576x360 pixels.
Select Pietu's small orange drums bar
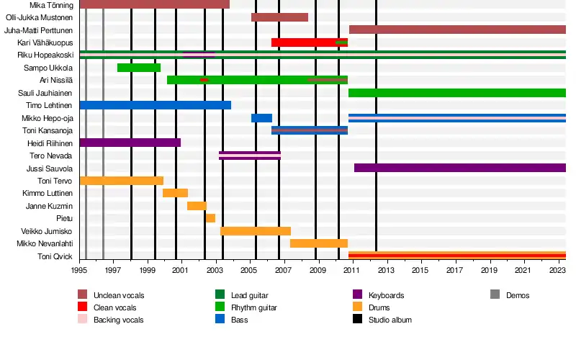210,218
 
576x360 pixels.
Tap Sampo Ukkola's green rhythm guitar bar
139,68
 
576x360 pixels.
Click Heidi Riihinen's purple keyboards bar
130,143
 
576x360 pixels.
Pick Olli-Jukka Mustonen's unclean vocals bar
279,17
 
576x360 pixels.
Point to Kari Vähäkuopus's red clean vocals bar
302,42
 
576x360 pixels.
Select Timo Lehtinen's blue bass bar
155,105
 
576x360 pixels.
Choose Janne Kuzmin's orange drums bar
197,206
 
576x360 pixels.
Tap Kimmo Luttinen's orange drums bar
175,193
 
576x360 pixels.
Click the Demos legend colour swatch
495,294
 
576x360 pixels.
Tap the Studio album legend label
390,320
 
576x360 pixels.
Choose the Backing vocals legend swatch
83,320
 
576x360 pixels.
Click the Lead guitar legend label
249,295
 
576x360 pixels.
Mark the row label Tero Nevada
51,156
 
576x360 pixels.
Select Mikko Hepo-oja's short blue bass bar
261,118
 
